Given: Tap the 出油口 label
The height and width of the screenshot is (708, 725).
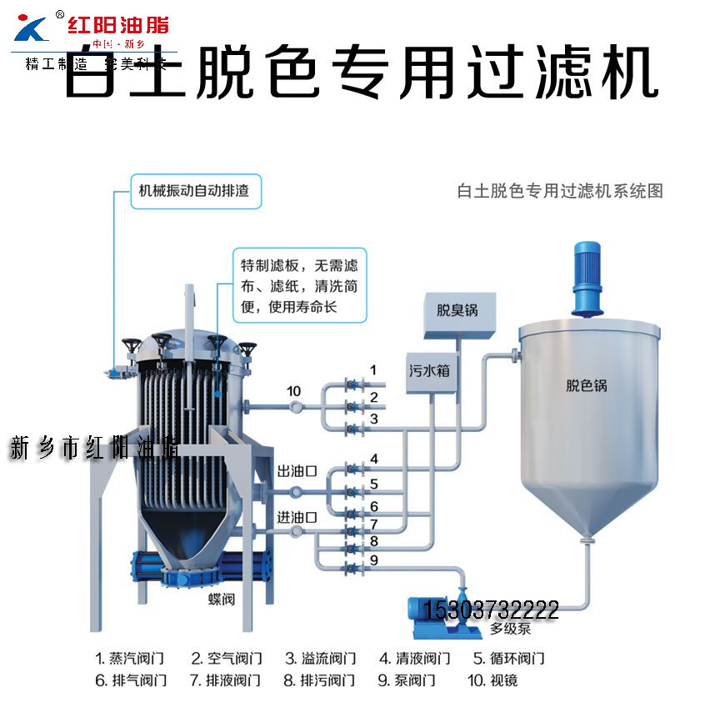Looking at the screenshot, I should [x=297, y=471].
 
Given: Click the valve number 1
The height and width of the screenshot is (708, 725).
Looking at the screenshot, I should [x=374, y=369].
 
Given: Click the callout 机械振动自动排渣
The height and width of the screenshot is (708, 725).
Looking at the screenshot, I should [x=193, y=191].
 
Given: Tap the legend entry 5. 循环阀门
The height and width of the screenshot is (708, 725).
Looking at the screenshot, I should [x=509, y=658].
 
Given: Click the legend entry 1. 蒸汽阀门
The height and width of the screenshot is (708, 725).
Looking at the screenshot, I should [x=131, y=658].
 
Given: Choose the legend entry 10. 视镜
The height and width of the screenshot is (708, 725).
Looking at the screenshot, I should [x=492, y=680].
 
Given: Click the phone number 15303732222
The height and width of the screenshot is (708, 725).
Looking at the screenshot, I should [x=492, y=610].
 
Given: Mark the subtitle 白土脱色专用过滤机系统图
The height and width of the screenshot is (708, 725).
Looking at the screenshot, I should [x=560, y=191].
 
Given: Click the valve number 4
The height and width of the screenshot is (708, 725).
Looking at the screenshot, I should [x=374, y=459].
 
